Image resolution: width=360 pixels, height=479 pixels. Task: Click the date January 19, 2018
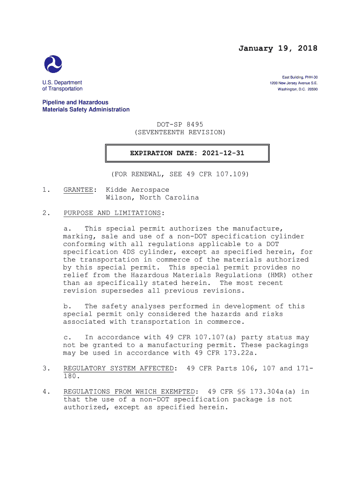click(x=278, y=49)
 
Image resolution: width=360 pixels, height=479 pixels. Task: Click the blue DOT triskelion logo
click(x=53, y=64)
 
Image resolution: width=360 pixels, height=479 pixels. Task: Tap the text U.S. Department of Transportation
click(x=62, y=86)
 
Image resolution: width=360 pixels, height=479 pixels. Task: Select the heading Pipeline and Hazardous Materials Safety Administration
click(x=86, y=106)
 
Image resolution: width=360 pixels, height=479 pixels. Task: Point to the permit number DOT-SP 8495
click(x=180, y=124)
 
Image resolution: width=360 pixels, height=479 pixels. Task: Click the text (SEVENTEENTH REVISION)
click(x=180, y=132)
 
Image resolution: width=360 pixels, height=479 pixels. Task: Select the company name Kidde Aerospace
click(x=137, y=190)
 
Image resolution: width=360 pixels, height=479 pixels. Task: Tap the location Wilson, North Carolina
click(x=152, y=197)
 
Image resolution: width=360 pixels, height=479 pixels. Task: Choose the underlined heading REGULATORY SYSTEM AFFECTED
click(x=118, y=369)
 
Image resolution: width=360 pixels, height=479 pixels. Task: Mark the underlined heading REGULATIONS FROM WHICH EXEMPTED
click(x=129, y=392)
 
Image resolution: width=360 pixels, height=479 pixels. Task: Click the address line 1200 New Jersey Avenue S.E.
click(x=294, y=83)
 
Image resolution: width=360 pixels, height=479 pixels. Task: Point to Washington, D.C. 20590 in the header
click(x=297, y=89)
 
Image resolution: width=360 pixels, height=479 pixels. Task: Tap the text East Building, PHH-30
click(x=300, y=77)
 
